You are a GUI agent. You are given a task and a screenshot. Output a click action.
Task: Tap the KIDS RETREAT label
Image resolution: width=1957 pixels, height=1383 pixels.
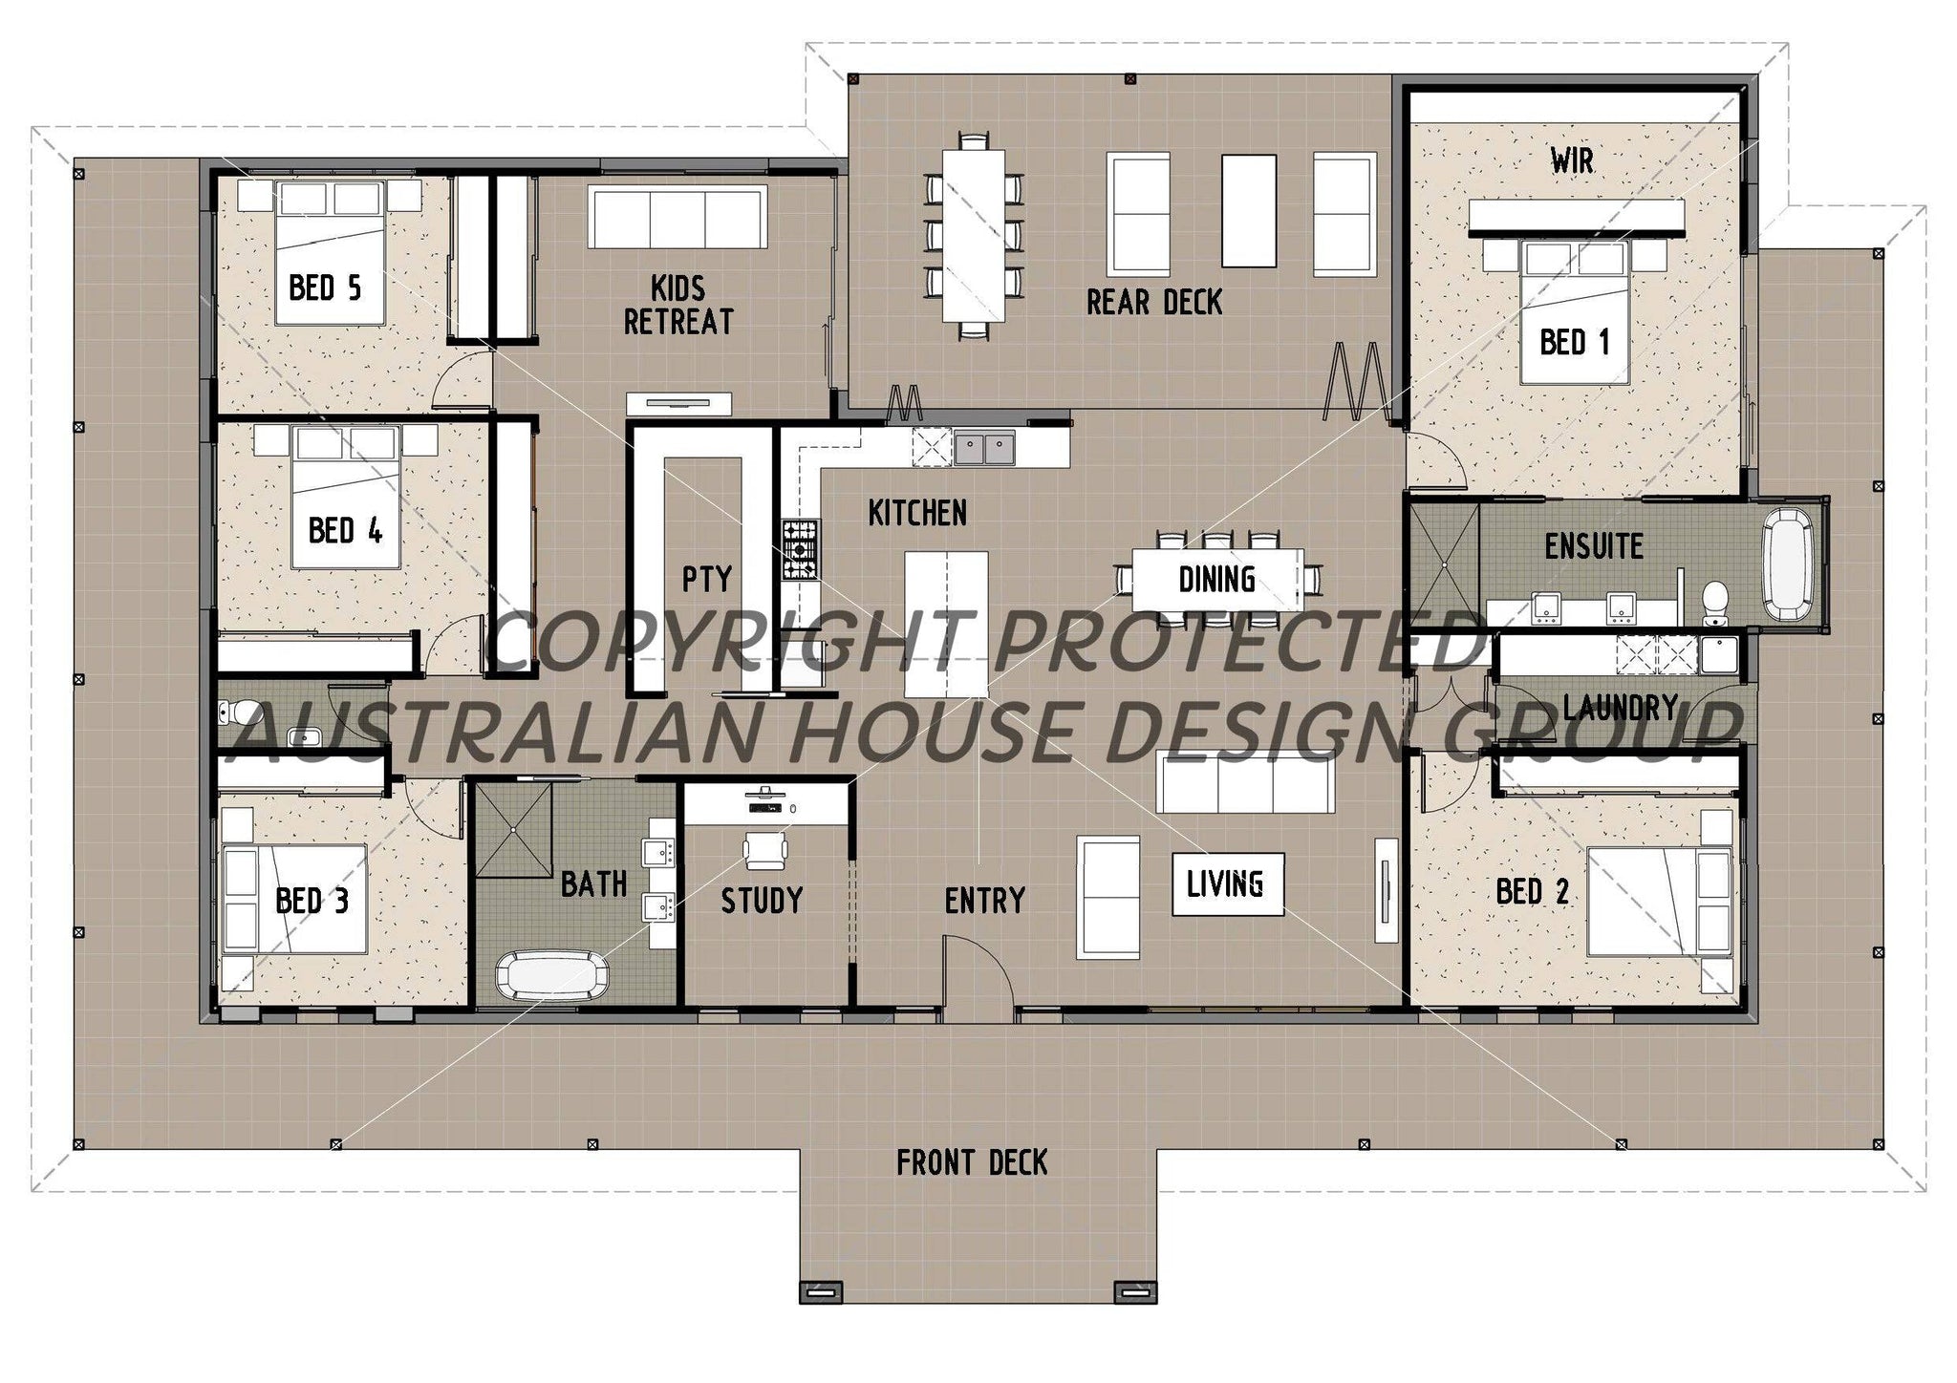tap(677, 305)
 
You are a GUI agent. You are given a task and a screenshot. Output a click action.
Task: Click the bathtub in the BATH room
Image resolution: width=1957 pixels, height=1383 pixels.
tap(551, 976)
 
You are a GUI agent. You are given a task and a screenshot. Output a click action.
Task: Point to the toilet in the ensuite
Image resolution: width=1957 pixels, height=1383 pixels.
tap(1716, 601)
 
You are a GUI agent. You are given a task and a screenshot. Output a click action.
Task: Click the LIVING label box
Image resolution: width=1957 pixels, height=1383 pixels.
tap(1227, 884)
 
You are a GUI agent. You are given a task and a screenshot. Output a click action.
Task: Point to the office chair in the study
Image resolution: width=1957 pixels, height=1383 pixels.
tap(764, 849)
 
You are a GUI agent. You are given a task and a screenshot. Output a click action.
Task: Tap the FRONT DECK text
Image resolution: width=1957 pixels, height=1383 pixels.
tap(972, 1163)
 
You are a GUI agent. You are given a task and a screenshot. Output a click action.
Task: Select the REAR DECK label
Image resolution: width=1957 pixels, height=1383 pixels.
tap(1154, 303)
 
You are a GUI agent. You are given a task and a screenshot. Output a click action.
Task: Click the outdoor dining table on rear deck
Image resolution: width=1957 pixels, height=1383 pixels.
tap(974, 235)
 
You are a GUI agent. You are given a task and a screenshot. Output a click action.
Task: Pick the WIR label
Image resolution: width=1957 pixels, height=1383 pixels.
tap(1572, 161)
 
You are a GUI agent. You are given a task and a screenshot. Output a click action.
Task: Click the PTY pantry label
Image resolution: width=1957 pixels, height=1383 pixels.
tap(706, 579)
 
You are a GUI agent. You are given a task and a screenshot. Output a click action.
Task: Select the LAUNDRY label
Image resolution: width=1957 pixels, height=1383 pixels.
tap(1621, 708)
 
